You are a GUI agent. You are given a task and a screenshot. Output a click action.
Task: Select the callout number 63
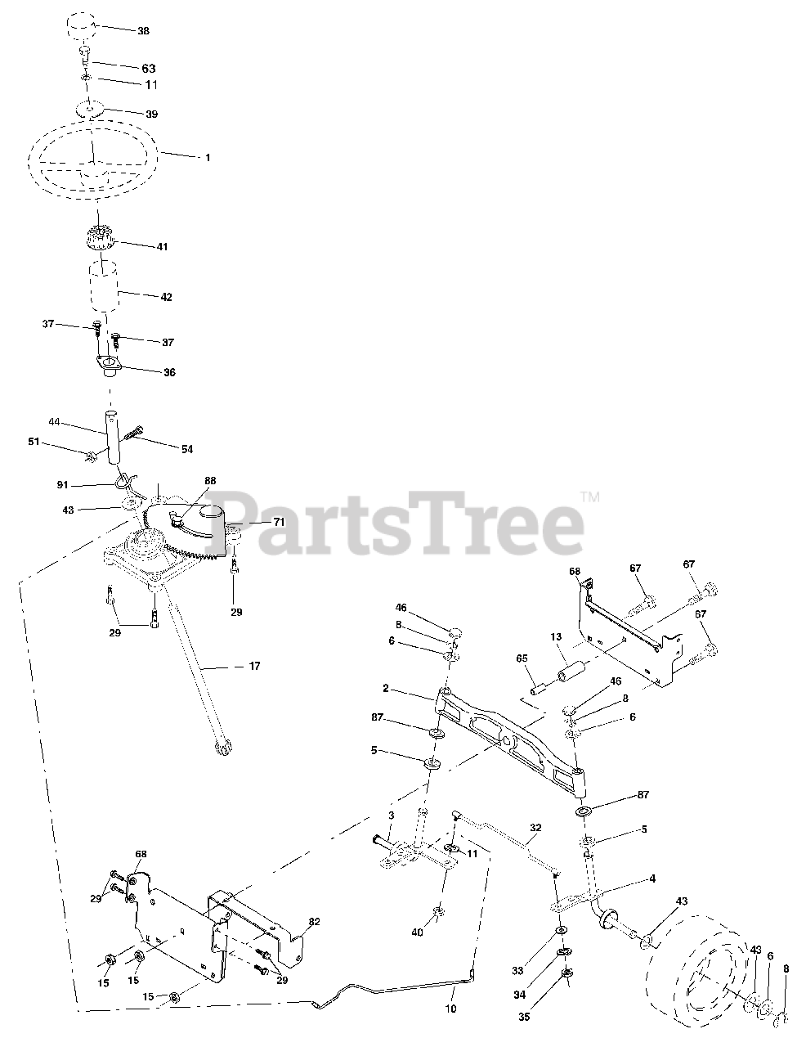click(148, 69)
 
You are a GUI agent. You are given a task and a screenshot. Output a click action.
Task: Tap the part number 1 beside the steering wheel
click(207, 157)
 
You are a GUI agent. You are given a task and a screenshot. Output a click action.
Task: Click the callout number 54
click(187, 448)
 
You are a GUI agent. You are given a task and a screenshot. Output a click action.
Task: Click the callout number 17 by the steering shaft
click(254, 667)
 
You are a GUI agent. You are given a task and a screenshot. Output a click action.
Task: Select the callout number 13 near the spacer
click(556, 637)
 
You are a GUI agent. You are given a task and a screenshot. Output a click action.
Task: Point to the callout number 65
click(522, 658)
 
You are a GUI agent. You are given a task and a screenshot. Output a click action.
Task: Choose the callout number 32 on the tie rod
click(535, 827)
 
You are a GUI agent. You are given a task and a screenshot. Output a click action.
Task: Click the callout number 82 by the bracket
click(314, 922)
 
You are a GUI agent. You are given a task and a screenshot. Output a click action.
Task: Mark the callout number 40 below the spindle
click(418, 932)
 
